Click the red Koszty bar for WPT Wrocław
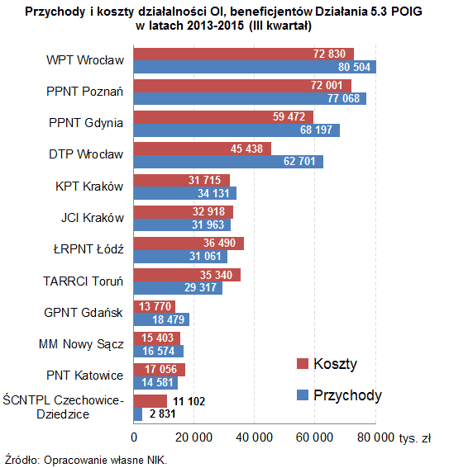243,54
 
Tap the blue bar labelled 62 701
228,162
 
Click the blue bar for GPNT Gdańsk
161,319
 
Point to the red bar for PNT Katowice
159,369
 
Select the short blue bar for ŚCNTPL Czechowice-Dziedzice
138,414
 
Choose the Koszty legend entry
327,364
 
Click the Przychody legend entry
339,395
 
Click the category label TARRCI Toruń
83,281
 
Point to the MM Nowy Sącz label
81,344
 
